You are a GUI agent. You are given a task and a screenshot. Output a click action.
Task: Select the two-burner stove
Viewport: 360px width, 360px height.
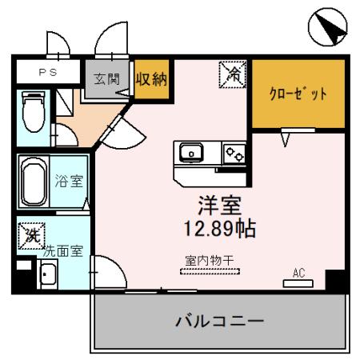[234, 152]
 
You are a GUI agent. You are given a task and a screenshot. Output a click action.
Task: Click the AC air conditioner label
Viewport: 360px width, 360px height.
[298, 273]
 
